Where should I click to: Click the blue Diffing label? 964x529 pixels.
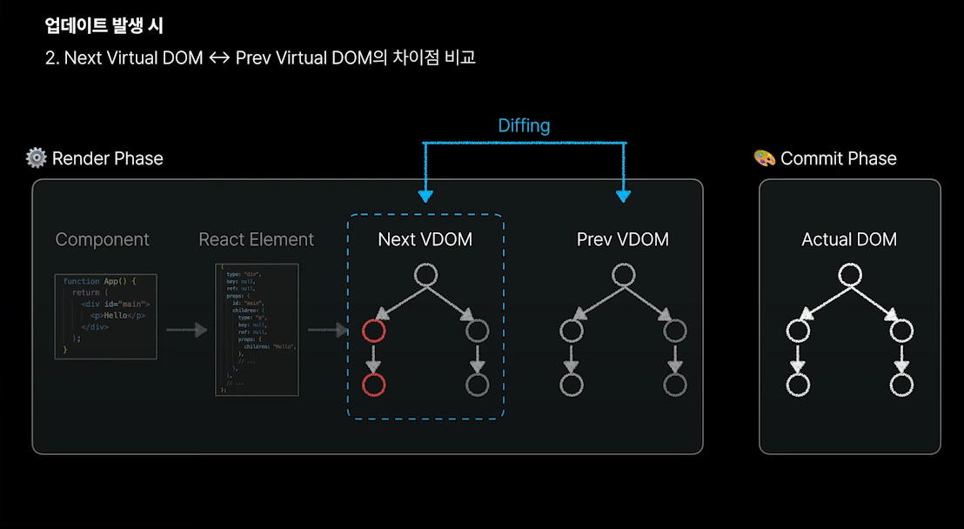click(x=524, y=125)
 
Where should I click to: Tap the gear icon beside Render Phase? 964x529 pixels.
click(x=37, y=157)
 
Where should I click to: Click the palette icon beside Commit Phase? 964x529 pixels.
click(x=764, y=158)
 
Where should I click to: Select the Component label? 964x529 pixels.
click(x=103, y=239)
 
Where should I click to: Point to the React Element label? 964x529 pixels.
click(x=257, y=239)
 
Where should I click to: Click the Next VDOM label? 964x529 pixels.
click(x=425, y=239)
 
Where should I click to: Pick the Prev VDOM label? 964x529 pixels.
click(x=623, y=239)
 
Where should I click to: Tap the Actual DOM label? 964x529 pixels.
click(x=849, y=239)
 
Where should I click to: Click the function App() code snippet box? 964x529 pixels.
click(x=106, y=315)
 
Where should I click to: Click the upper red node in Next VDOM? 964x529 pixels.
click(x=374, y=331)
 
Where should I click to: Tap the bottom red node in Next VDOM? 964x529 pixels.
click(x=374, y=385)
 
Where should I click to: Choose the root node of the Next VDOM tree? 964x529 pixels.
click(x=425, y=276)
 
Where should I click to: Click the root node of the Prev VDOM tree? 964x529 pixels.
click(x=623, y=276)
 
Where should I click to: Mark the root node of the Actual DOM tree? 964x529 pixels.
click(x=849, y=276)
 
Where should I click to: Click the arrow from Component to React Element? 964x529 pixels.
click(x=186, y=330)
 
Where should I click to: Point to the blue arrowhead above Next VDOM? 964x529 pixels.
click(x=425, y=195)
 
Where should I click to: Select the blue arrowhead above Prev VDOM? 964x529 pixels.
click(x=623, y=195)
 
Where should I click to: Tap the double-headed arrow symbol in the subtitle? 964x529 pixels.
click(x=219, y=59)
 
